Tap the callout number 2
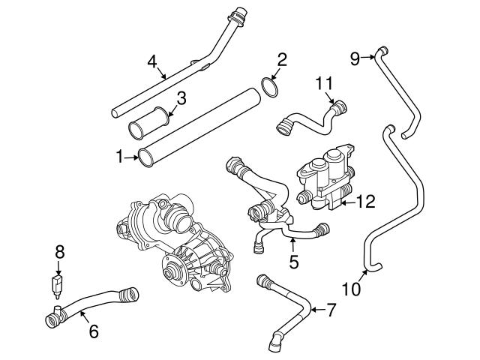coord(282,58)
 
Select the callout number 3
coord(181,97)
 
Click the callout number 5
coord(294,262)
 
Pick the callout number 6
coord(93,331)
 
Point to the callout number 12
coord(365,201)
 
